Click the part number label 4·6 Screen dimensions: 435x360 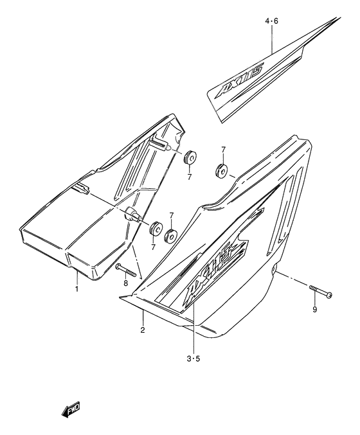click(272, 21)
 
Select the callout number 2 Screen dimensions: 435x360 click(143, 330)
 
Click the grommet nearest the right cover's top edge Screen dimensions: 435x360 click(220, 171)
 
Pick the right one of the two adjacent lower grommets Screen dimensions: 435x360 click(172, 235)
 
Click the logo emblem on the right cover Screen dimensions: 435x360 click(215, 270)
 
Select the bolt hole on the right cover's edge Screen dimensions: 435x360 click(275, 273)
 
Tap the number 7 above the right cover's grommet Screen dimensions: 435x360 click(222, 150)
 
